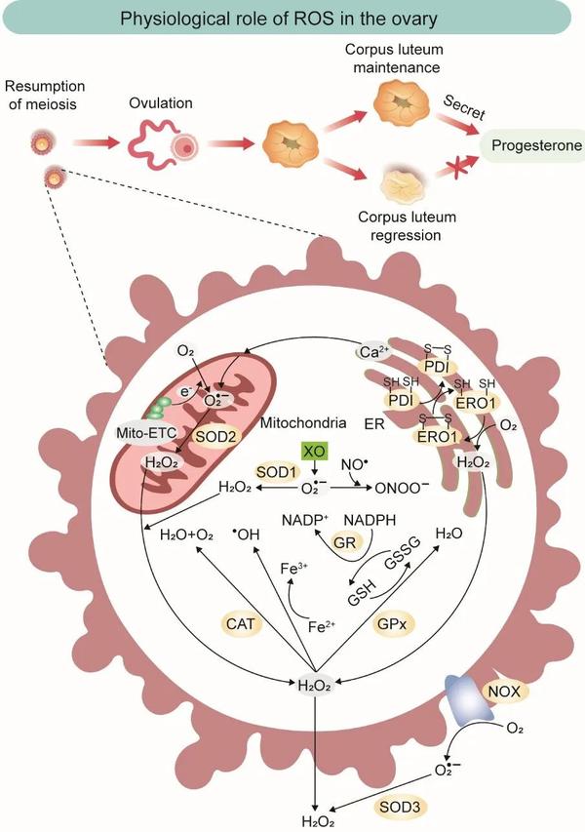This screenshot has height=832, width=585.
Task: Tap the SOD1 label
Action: pos(275,472)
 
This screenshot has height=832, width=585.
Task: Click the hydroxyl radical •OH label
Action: pos(249,534)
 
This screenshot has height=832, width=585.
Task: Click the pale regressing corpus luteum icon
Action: pos(403,186)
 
